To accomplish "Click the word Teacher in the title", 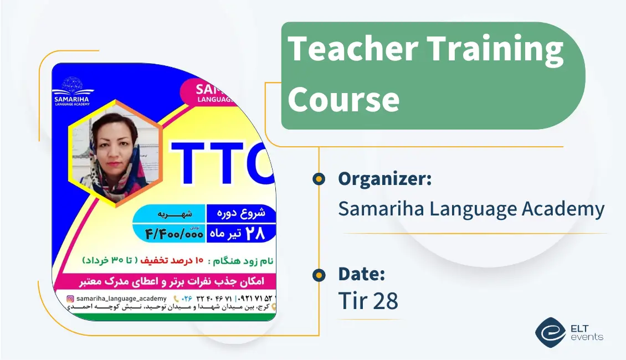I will tap(353, 48).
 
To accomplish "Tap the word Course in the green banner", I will tap(343, 100).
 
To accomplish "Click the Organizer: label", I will tap(384, 179).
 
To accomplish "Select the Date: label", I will tap(362, 274).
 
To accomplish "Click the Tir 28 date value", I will tap(368, 301).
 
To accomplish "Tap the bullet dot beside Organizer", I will tap(319, 179).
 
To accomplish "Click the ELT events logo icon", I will tap(550, 331).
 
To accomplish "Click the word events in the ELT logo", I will tap(586, 337).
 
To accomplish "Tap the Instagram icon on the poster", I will tap(70, 299).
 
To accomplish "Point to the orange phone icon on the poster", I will tap(177, 299).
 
